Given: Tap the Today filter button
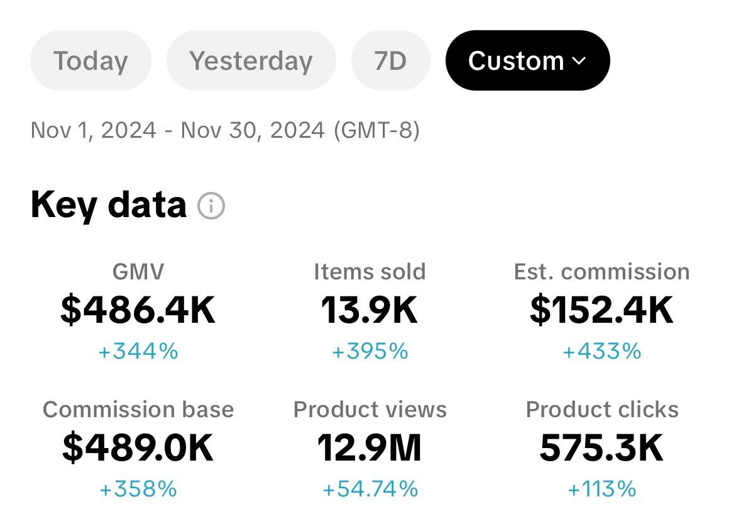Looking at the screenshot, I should pyautogui.click(x=91, y=61).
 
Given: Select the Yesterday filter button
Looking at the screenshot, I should pyautogui.click(x=251, y=61).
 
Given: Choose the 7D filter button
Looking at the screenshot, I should pyautogui.click(x=390, y=61).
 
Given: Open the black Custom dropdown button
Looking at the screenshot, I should pyautogui.click(x=527, y=61).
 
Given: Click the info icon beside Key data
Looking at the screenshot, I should pyautogui.click(x=211, y=206).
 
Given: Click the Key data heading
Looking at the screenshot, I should pyautogui.click(x=109, y=205).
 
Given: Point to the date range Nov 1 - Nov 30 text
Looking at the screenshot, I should pyautogui.click(x=225, y=131).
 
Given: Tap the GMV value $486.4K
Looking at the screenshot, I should pyautogui.click(x=138, y=310).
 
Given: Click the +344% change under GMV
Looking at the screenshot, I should pyautogui.click(x=138, y=351).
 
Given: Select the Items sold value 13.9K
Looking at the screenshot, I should pyautogui.click(x=370, y=310).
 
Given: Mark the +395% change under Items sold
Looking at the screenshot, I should pyautogui.click(x=370, y=351).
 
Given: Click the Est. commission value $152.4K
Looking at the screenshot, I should pyautogui.click(x=601, y=310).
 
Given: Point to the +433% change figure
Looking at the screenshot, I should pyautogui.click(x=601, y=351).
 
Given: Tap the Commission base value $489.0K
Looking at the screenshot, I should pyautogui.click(x=138, y=448).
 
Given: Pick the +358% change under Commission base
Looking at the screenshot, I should pyautogui.click(x=138, y=489).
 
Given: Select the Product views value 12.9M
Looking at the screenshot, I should pyautogui.click(x=370, y=448).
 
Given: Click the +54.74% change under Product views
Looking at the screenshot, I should pyautogui.click(x=370, y=489).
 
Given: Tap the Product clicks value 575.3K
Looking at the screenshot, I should pyautogui.click(x=601, y=448).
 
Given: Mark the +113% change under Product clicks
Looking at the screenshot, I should pyautogui.click(x=601, y=489).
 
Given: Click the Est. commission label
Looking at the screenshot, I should pyautogui.click(x=601, y=272).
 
